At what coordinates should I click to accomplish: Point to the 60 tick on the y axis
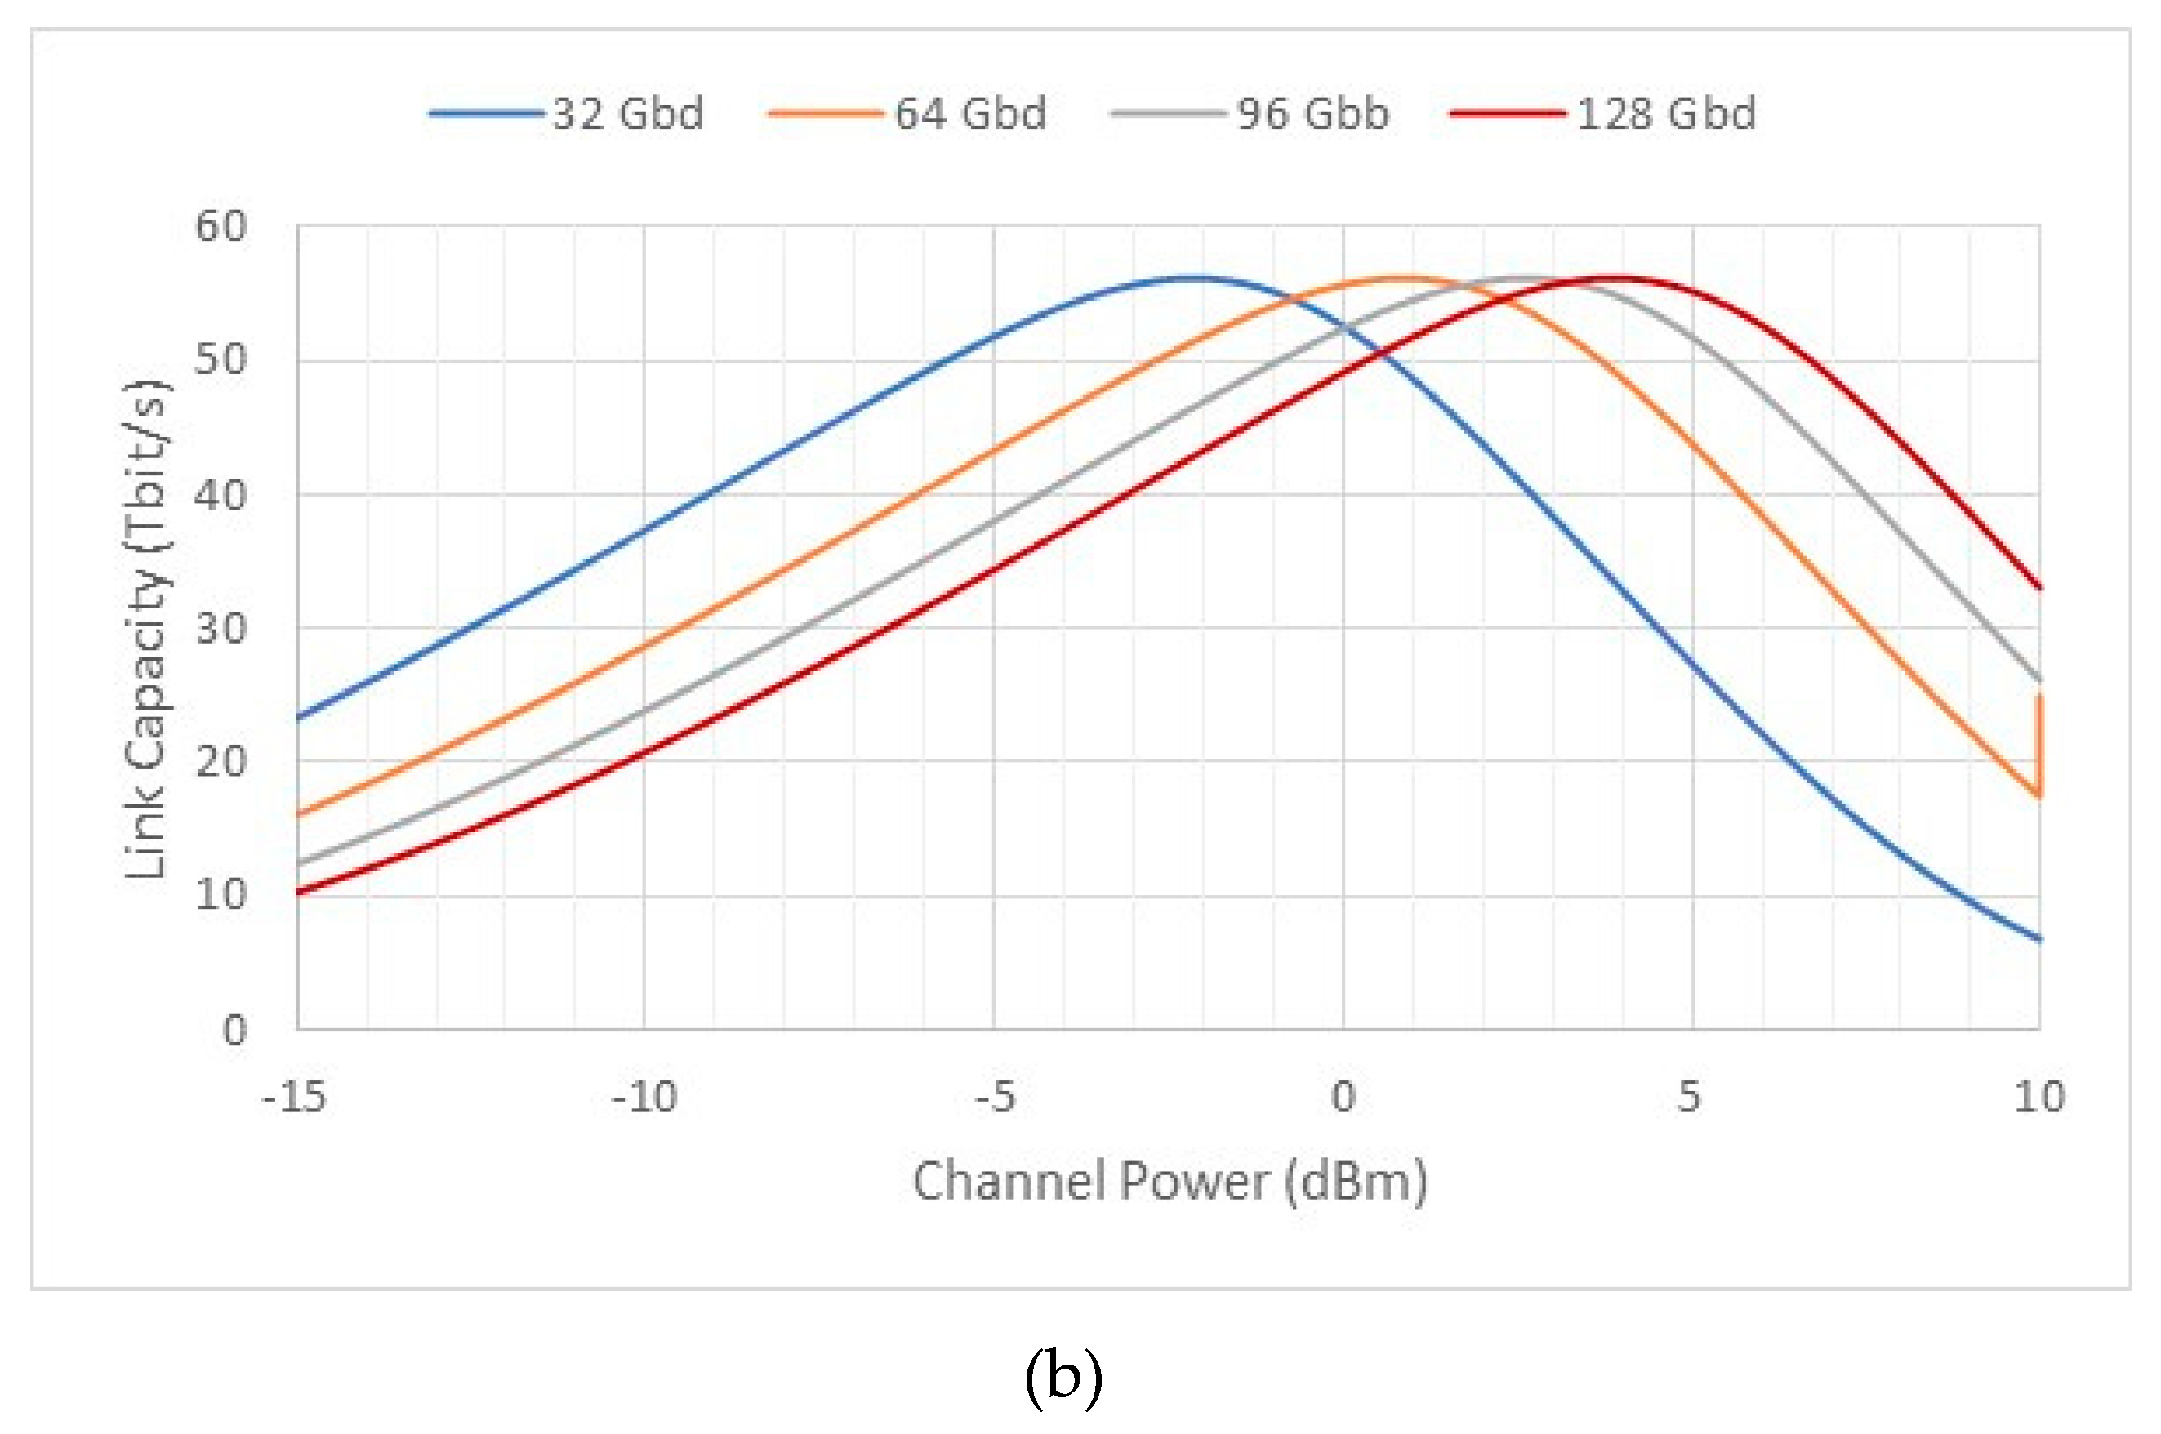221,226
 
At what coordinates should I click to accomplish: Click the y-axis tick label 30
221,628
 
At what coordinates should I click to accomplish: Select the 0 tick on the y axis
235,1031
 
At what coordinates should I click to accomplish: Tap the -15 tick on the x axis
295,1096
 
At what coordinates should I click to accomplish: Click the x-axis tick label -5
995,1096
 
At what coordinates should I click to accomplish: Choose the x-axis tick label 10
2039,1096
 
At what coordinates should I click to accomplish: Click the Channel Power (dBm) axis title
1169,1181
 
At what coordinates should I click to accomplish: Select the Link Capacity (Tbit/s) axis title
146,628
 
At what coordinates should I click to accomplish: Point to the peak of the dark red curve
1619,276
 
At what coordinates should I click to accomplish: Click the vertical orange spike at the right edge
2038,746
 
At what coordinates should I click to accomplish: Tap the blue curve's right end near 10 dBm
2038,938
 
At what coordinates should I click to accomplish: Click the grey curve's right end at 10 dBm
2038,679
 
